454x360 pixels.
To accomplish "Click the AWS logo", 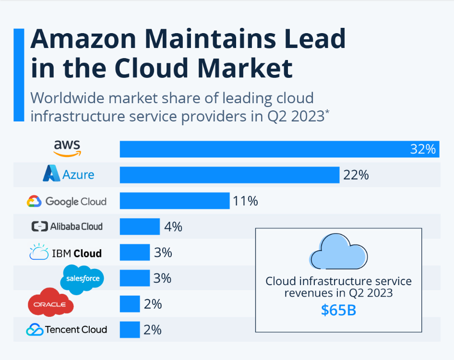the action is [67, 148].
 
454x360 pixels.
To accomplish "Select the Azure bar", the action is [229, 175].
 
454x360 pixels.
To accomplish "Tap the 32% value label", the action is [423, 149].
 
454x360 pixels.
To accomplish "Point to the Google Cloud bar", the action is [175, 201].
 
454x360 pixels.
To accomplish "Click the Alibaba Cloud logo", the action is [67, 227].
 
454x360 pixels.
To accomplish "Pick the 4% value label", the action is [173, 227].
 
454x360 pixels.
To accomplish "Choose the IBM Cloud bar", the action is [135, 252].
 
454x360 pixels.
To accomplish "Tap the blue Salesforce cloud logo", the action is [82, 279].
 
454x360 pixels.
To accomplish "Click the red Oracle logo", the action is [51, 302].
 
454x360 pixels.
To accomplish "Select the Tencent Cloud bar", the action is [130, 330].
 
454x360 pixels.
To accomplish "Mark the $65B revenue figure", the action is [338, 310].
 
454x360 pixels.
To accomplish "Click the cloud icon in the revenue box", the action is [338, 252].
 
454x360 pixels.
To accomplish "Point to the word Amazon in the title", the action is [84, 39].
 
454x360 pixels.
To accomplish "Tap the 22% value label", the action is [356, 175].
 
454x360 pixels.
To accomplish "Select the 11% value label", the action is [245, 201].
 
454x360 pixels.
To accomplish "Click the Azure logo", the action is [69, 173].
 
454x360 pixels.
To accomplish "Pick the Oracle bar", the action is [130, 304].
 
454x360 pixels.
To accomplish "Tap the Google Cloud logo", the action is [67, 201].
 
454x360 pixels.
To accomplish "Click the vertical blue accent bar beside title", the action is [19, 75].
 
